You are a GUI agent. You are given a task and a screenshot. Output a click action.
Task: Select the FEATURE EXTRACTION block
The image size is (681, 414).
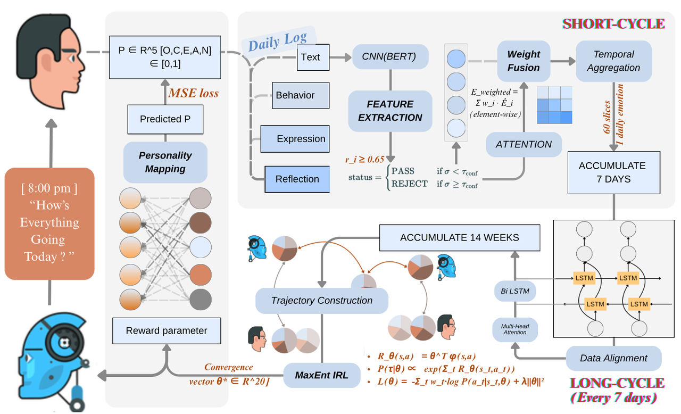[x=390, y=111]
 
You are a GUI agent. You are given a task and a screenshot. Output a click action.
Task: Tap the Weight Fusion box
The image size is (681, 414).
[x=524, y=61]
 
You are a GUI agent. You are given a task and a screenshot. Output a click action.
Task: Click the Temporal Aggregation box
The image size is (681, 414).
[x=613, y=61]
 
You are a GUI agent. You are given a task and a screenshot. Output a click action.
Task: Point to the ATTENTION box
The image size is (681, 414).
[x=524, y=144]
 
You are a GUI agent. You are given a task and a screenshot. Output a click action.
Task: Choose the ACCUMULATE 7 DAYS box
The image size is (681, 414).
[x=613, y=172]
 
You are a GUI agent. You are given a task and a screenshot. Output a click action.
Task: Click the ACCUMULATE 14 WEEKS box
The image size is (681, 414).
[x=459, y=237]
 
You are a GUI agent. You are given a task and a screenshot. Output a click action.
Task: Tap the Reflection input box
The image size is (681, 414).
[x=297, y=179]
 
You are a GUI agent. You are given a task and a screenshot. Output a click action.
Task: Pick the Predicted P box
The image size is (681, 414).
[x=165, y=119]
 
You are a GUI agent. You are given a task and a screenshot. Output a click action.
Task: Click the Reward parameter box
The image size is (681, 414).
[x=166, y=330]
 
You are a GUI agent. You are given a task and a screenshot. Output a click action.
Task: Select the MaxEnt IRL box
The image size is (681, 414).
[x=322, y=375]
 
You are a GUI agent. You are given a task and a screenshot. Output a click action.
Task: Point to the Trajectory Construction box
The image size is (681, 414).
[x=321, y=301]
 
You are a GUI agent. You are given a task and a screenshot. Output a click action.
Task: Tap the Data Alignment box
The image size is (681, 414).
[x=613, y=358]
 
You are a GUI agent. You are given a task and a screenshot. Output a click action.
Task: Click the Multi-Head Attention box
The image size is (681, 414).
[x=514, y=329]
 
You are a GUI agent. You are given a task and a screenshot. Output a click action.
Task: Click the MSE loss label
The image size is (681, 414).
[x=193, y=93]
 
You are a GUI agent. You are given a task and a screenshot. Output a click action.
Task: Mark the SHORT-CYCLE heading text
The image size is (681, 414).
[x=613, y=23]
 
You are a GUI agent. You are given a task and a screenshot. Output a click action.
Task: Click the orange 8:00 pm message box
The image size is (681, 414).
[x=49, y=223]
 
